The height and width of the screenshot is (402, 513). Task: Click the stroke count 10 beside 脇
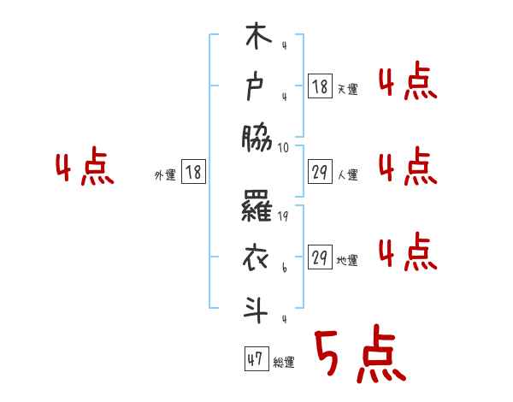[284, 147]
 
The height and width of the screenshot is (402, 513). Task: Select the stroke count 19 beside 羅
[284, 216]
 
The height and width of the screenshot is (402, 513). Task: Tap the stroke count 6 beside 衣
[284, 269]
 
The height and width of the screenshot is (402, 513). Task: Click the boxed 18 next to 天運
[320, 86]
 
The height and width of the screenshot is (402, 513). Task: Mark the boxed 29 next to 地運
[320, 257]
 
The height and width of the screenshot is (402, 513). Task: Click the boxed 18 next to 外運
[193, 172]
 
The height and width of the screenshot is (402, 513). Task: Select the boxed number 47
[255, 359]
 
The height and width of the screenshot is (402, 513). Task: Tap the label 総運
[284, 363]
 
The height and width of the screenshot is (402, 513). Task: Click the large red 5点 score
[358, 355]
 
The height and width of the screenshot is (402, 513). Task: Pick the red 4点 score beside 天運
[407, 82]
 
